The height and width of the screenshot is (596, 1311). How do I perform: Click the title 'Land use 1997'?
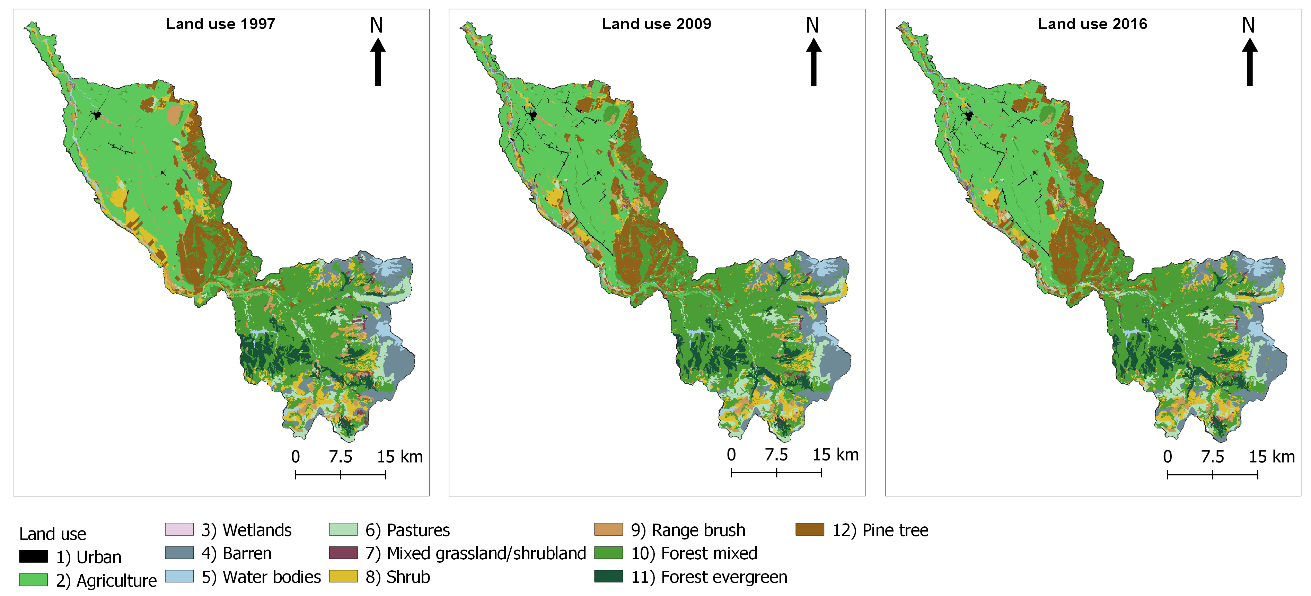point(220,24)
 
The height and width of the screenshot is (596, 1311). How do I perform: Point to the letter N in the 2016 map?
point(1248,25)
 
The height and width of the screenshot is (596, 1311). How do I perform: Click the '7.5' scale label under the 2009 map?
point(776,455)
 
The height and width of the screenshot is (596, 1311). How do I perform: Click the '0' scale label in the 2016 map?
point(1168,457)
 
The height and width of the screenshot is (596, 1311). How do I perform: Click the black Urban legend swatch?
point(34,556)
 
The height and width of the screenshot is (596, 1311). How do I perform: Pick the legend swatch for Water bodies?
point(179,576)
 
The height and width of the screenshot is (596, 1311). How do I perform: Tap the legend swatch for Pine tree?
point(809,529)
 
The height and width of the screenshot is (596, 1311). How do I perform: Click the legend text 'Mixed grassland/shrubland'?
point(486,553)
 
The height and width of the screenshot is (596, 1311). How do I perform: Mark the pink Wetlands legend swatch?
point(179,529)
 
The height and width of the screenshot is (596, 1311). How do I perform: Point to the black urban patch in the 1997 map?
point(97,115)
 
